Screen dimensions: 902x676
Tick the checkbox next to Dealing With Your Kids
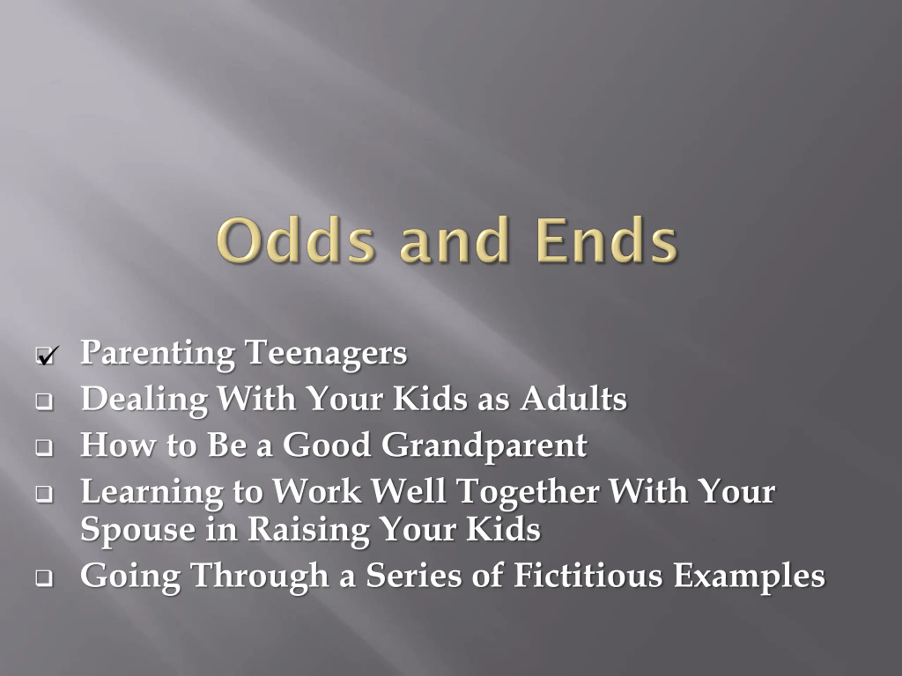[44, 401]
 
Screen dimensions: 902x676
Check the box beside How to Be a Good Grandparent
[44, 447]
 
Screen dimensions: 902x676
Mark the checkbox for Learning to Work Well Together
[44, 494]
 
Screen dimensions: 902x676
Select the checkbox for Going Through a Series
[44, 577]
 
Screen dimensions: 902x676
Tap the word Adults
[574, 399]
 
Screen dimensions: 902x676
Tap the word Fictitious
[588, 575]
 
